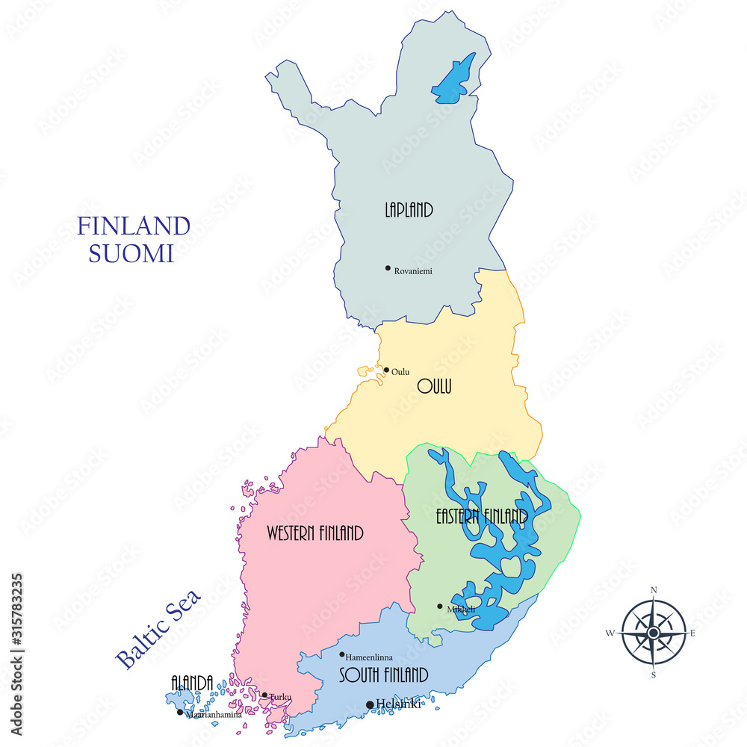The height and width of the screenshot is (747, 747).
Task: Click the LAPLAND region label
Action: pos(409,210)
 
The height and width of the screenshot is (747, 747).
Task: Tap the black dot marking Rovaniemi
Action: pos(388,268)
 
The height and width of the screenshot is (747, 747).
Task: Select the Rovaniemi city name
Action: pos(413,270)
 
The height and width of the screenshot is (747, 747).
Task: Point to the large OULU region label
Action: pos(435,387)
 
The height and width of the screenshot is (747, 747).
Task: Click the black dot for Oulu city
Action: pos(386,369)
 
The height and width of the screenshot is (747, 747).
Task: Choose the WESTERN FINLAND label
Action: pos(315,533)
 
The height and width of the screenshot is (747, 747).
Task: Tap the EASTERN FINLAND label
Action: pos(482,516)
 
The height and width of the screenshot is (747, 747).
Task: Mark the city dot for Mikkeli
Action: pos(440,607)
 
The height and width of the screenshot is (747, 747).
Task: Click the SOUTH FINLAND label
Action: pos(383,676)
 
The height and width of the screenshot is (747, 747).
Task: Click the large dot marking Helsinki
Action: pos(370,704)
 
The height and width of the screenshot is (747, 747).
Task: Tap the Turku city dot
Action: pos(264,695)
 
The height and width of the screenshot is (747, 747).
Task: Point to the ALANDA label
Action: pos(192,682)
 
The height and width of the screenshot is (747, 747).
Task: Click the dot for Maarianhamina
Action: pos(180,712)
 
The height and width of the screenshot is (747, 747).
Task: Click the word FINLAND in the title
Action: pos(134,226)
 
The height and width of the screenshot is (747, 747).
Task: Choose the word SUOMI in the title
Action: pos(131,253)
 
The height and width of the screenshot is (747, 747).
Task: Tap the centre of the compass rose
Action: pos(653,633)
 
